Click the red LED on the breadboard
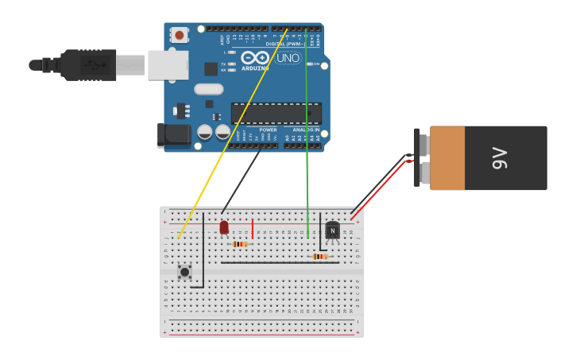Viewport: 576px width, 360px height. click(224, 227)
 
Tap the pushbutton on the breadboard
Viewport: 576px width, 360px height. click(184, 272)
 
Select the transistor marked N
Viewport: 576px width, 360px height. click(332, 230)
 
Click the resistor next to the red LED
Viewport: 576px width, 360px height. click(240, 244)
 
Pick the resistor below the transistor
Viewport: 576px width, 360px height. click(320, 257)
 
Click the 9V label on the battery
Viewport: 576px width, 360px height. click(499, 158)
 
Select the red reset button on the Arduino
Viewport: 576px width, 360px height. click(180, 35)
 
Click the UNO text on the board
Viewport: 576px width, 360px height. click(288, 58)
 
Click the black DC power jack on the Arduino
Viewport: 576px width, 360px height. click(174, 135)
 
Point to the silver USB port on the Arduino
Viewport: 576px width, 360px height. click(168, 65)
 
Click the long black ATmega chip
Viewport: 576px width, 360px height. click(276, 113)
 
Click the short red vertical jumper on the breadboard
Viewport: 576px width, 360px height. click(253, 229)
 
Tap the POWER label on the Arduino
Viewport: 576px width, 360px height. click(268, 130)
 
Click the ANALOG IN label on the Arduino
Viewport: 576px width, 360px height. click(306, 130)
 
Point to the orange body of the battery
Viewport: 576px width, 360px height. click(446, 158)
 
